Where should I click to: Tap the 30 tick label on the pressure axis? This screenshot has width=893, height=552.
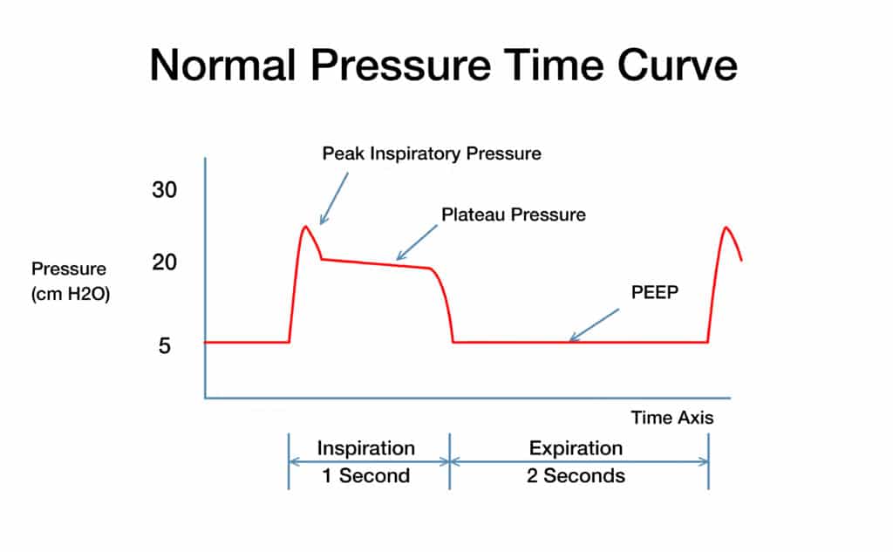(165, 192)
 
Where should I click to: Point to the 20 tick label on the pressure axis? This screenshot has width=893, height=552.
(165, 262)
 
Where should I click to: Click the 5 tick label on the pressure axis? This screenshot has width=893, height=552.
(165, 346)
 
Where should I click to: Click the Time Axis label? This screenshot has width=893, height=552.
(671, 418)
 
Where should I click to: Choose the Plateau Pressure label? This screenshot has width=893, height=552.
(514, 214)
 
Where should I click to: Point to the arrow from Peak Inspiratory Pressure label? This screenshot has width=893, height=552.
(334, 198)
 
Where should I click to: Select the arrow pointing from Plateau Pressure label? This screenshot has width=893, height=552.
(417, 242)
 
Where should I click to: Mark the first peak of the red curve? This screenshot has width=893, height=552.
(304, 227)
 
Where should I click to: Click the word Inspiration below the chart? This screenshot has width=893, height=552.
(365, 448)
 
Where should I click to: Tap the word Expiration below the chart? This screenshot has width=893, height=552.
(576, 448)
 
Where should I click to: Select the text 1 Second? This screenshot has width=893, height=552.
(365, 476)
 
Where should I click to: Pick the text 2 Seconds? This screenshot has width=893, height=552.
(576, 476)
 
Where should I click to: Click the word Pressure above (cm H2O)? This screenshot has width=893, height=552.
(69, 269)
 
